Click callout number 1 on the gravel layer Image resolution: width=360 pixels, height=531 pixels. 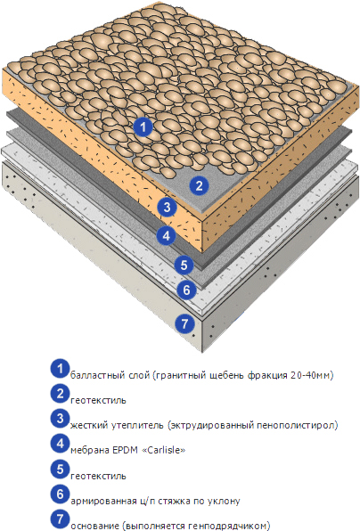pos(143,127)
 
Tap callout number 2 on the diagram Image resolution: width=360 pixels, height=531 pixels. pos(199,185)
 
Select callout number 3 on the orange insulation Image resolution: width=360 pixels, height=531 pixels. pos(167,207)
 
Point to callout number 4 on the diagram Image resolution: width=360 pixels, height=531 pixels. pos(166,235)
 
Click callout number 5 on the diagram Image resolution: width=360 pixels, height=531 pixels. pos(184,265)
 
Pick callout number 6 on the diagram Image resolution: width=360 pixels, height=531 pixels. pos(187,290)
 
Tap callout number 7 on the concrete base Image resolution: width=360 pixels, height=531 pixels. pos(185,323)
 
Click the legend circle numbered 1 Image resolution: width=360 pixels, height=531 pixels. pos(61,369)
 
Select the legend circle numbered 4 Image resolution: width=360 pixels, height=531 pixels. pos(61,444)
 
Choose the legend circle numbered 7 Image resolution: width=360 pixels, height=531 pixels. pos(61,519)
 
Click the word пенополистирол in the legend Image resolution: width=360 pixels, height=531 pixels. pos(296,425)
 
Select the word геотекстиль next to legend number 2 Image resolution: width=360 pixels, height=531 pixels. pos(98,400)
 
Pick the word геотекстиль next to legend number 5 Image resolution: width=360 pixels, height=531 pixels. pos(98,476)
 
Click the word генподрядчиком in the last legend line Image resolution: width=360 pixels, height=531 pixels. pos(227,527)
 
